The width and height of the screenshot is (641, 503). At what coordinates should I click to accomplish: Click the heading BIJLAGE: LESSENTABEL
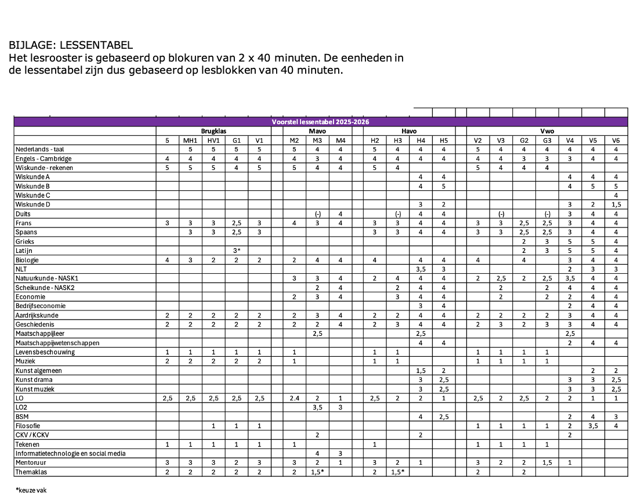(x=71, y=45)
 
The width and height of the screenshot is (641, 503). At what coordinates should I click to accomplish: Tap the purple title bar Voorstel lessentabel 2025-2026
(x=320, y=122)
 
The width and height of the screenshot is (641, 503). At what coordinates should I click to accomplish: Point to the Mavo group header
(x=317, y=131)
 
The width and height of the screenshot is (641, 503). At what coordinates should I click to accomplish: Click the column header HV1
(x=213, y=140)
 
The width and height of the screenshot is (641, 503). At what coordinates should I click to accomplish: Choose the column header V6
(x=615, y=140)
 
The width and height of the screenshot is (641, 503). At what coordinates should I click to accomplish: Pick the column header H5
(x=444, y=140)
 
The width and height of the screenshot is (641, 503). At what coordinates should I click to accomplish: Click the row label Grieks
(x=26, y=241)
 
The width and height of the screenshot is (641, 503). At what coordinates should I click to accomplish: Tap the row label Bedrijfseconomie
(x=41, y=306)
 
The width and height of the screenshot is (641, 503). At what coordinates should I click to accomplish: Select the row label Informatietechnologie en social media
(x=70, y=454)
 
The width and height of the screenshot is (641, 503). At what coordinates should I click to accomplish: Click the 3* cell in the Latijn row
(x=236, y=251)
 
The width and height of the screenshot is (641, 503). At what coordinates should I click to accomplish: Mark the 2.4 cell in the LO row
(x=294, y=399)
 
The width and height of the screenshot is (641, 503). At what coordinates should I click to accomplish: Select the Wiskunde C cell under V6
(x=615, y=196)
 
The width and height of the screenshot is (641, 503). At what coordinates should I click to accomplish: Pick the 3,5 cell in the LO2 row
(x=317, y=408)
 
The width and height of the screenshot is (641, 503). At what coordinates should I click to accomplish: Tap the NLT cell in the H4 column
(x=421, y=269)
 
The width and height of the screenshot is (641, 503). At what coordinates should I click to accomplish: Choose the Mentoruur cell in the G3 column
(x=547, y=463)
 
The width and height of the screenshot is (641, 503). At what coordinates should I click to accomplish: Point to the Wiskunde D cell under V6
(x=615, y=205)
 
